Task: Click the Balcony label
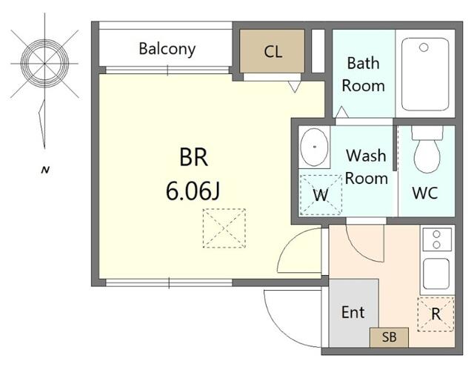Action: click(167, 49)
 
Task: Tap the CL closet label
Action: click(273, 51)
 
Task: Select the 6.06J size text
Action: click(193, 191)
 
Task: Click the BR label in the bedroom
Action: click(193, 157)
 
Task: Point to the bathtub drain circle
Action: click(424, 47)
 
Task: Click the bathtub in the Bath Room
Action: click(425, 74)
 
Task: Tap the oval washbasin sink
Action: click(314, 147)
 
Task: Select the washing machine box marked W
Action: click(321, 195)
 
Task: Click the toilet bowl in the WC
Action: click(427, 156)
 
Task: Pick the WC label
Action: click(425, 193)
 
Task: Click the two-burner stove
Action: click(437, 240)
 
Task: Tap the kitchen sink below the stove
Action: click(436, 274)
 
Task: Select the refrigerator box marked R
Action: click(435, 314)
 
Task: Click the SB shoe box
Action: click(390, 337)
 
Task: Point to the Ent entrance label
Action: click(353, 312)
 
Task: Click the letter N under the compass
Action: click(45, 170)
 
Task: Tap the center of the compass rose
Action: click(44, 64)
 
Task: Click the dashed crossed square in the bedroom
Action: click(224, 228)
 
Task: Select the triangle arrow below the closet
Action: click(295, 87)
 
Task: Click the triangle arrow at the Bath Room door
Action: click(342, 112)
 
